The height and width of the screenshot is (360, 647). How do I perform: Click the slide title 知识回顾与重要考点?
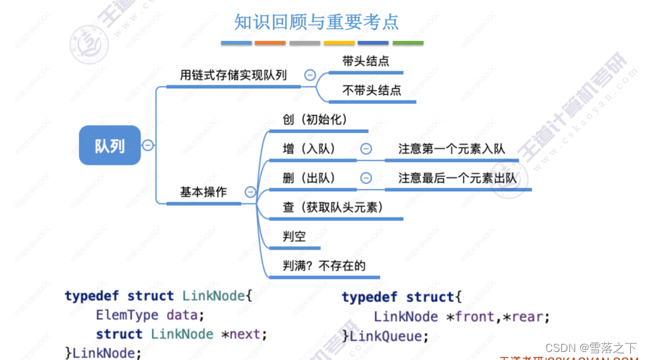pyautogui.click(x=316, y=22)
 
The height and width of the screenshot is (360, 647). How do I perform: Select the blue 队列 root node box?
pyautogui.click(x=110, y=145)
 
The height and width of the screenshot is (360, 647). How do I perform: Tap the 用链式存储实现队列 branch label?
pyautogui.click(x=233, y=75)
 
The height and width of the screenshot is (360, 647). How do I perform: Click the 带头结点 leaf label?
pyautogui.click(x=365, y=61)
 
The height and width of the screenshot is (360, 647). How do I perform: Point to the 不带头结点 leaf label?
pyautogui.click(x=371, y=90)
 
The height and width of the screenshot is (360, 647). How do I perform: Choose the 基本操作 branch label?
pyautogui.click(x=203, y=192)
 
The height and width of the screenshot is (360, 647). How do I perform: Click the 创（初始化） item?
pyautogui.click(x=315, y=120)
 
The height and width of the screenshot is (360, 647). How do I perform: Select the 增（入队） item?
pyautogui.click(x=309, y=149)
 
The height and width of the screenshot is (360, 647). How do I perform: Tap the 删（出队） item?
pyautogui.click(x=309, y=178)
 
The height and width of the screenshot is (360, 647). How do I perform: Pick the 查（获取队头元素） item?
pyautogui.click(x=333, y=207)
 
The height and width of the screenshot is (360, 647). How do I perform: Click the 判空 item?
pyautogui.click(x=294, y=236)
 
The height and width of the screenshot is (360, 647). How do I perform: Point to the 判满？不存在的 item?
pyautogui.click(x=324, y=266)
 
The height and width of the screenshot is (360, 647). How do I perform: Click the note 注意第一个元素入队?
pyautogui.click(x=452, y=149)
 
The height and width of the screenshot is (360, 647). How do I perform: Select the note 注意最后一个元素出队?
pyautogui.click(x=458, y=178)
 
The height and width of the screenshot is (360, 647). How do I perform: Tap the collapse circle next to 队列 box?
pyautogui.click(x=148, y=145)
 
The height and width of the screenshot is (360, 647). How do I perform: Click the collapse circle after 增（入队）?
pyautogui.click(x=366, y=149)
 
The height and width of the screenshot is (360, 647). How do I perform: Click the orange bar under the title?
pyautogui.click(x=270, y=43)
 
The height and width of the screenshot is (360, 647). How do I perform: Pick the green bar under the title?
pyautogui.click(x=407, y=43)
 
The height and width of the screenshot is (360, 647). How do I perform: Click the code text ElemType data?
pyautogui.click(x=150, y=315)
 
